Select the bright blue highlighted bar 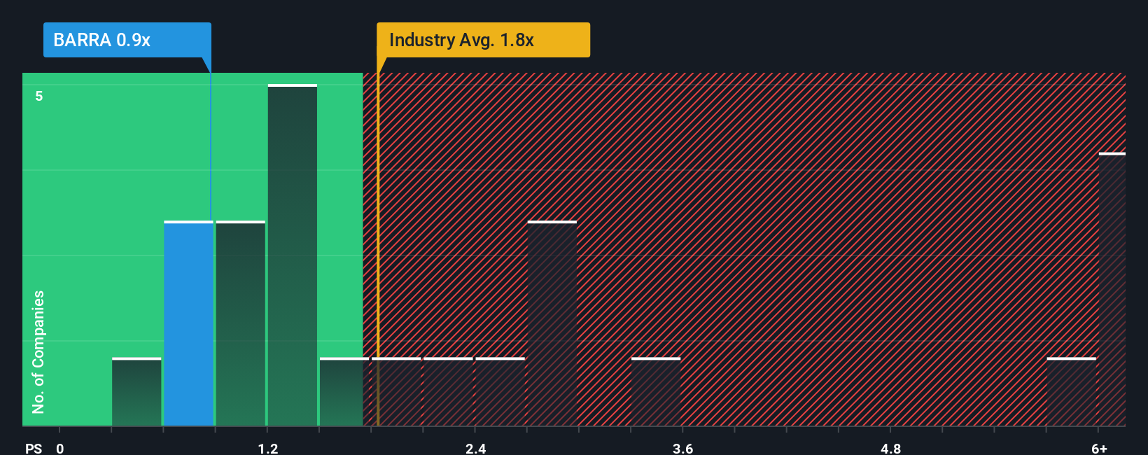point(188,323)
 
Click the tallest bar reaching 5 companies point(293,255)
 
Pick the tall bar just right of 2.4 point(552,323)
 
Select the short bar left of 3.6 point(656,392)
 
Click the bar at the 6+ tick point(1112,289)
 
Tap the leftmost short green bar point(136,392)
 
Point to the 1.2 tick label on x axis point(267,448)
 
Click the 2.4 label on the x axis point(475,448)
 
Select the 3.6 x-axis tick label point(682,448)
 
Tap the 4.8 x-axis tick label point(890,448)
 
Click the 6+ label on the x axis point(1099,448)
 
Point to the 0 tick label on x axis point(60,448)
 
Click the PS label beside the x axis point(34,448)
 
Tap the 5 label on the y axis point(39,96)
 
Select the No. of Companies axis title point(38,351)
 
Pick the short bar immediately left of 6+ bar point(1071,392)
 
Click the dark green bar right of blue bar point(241,323)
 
